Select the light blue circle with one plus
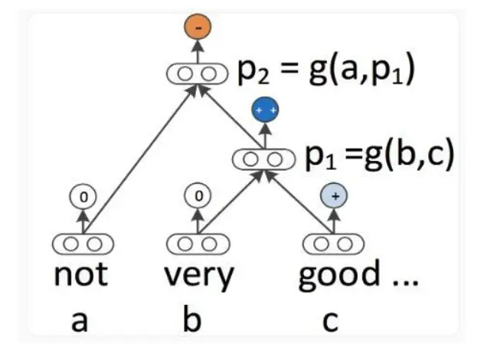point(335,195)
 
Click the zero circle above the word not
point(83,196)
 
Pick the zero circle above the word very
point(198,196)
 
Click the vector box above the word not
point(83,244)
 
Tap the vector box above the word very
point(198,244)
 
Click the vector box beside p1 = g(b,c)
point(265,159)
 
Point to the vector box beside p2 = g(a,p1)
point(198,74)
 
